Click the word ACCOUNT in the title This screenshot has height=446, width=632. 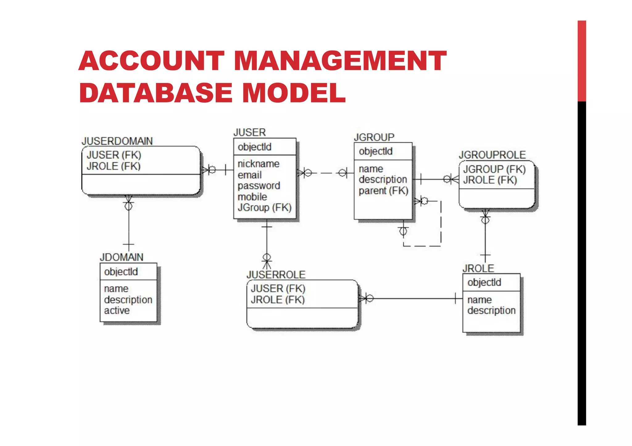point(152,61)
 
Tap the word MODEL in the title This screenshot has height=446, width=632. point(294,93)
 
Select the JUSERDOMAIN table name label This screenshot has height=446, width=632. point(117,141)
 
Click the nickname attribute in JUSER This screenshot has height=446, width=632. point(258,164)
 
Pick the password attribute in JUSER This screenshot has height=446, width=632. point(259,186)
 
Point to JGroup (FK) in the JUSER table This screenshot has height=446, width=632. point(264,207)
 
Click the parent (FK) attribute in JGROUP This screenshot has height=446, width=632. point(383,191)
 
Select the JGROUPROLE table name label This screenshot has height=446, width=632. point(492,155)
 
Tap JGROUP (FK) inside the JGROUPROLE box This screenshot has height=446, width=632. point(494,169)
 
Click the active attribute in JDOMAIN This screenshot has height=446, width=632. point(117,310)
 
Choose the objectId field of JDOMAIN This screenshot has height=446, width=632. point(121,272)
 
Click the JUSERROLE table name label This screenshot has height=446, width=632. point(276,275)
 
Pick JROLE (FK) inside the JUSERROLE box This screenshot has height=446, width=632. point(277,300)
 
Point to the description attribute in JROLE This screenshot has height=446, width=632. point(491,310)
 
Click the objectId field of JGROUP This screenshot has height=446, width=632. point(376,151)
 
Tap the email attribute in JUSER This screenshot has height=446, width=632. point(249,175)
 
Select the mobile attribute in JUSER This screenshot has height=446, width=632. point(252,197)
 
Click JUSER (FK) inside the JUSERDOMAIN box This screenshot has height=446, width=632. point(114,155)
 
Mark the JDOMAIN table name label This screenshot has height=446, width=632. point(122,257)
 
